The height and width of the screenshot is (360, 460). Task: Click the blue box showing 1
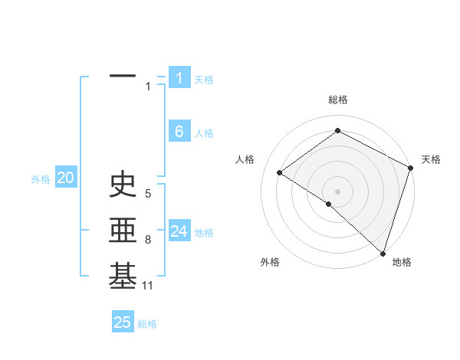(179, 77)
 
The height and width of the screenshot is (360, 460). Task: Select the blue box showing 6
(179, 132)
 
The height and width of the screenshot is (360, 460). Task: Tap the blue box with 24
(179, 231)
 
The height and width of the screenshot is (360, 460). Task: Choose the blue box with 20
(65, 178)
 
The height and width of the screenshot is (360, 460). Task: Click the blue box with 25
(123, 322)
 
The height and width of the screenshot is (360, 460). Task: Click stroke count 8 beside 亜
(148, 240)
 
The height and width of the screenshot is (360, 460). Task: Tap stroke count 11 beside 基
(147, 286)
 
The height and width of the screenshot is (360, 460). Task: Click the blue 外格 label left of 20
(41, 179)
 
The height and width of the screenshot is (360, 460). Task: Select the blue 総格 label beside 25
(147, 324)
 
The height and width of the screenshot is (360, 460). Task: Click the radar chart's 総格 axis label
(337, 100)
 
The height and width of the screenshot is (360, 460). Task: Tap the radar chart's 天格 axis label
(431, 159)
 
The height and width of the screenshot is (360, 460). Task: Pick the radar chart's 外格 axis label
(270, 262)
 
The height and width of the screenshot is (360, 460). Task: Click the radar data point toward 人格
(279, 172)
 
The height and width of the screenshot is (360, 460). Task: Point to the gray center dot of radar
(337, 191)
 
